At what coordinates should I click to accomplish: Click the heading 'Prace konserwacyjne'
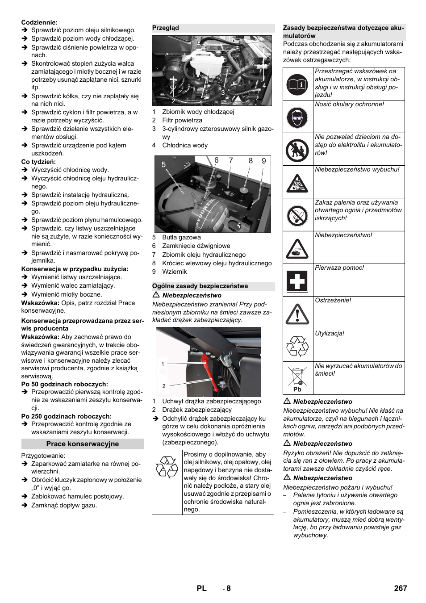83,444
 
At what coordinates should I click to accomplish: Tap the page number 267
400,588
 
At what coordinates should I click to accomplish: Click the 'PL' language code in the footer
201,588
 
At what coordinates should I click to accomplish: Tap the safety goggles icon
297,117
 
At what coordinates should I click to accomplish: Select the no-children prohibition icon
297,150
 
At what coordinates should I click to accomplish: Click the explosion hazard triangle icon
297,183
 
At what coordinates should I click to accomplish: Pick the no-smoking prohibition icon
297,215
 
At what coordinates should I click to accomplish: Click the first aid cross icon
297,281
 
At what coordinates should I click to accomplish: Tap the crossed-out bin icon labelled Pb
297,378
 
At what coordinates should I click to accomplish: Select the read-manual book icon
297,84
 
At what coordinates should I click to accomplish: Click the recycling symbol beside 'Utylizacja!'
297,346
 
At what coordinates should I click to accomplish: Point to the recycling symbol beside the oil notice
167,467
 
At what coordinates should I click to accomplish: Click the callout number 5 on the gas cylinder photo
163,164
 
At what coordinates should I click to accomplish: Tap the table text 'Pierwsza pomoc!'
339,268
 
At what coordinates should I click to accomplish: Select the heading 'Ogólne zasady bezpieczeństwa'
200,286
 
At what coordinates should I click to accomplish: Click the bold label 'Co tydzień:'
39,162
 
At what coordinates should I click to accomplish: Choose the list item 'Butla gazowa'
181,238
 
